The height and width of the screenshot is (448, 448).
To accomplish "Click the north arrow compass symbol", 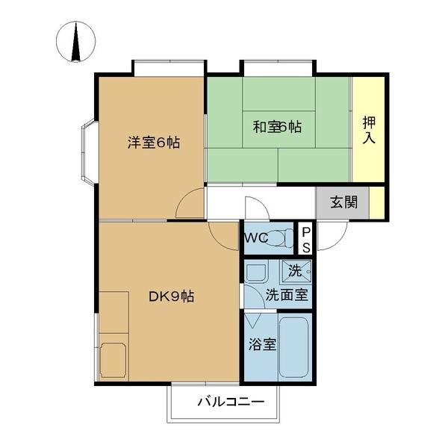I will (75, 43).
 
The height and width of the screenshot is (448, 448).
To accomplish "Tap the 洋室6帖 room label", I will (153, 142).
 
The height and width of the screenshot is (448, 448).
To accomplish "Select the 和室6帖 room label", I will (277, 127).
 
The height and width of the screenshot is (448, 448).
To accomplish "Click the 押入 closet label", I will (369, 129).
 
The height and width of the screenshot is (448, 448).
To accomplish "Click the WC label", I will (254, 239).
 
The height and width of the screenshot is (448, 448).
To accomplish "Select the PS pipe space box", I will (305, 239).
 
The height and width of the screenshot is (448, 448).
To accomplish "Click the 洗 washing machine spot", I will (296, 269).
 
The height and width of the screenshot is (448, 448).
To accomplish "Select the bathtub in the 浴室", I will (293, 348).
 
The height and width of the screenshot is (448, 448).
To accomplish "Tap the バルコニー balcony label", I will (230, 402).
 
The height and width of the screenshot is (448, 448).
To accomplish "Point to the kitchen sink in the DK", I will (113, 359).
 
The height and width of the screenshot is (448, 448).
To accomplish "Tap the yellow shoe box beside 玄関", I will (377, 202).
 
